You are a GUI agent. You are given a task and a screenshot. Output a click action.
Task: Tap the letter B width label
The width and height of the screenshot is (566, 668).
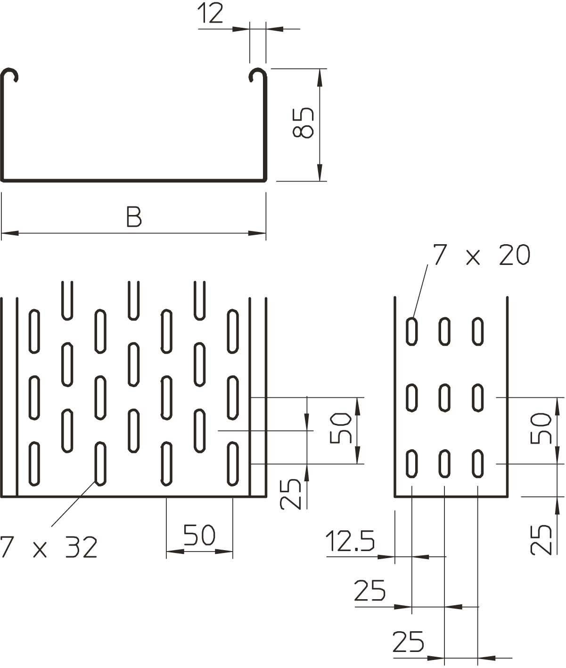134,218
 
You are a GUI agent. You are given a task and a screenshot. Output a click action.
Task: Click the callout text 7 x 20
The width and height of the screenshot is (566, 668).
481,255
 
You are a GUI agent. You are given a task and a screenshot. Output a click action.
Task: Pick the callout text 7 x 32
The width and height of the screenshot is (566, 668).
49,547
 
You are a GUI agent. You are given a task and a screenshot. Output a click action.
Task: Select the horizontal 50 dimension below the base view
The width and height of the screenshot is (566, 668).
199,535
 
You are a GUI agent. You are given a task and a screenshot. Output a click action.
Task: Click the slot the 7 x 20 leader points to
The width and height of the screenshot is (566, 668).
412,331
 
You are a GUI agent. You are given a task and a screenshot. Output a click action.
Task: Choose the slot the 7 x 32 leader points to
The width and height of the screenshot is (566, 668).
100,463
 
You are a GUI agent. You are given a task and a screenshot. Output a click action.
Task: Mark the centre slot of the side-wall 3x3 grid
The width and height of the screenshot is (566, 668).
444,397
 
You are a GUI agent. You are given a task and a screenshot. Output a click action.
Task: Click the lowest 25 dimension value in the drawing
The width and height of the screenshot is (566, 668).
408,642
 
